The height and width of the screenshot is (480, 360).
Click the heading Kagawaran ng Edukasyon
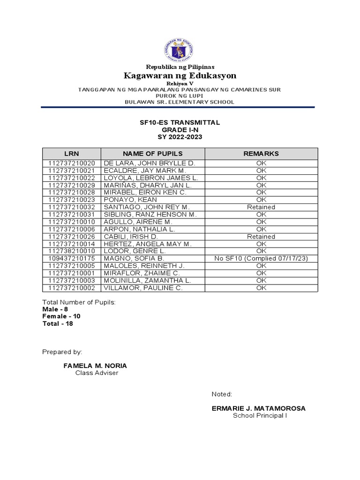pos(180,75)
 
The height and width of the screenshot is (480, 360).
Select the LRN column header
pos(72,154)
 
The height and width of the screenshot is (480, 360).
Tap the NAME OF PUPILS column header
pos(153,154)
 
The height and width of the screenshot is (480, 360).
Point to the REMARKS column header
pos(261,154)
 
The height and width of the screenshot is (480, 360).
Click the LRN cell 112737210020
pos(72,163)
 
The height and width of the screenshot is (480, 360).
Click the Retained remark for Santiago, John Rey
pos(261,207)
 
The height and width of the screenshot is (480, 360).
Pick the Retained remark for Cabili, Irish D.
pos(261,237)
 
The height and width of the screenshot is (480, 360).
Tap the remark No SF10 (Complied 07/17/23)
pos(261,259)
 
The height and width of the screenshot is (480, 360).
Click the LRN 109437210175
pos(72,259)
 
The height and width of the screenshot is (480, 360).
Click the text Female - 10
pos(61,316)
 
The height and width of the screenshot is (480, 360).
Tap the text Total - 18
pos(58,323)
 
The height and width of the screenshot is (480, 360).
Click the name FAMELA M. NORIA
pos(95,365)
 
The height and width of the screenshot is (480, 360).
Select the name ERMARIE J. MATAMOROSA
pos(258,408)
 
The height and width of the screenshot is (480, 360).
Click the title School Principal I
pos(260,416)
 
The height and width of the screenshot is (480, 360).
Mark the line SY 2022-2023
pos(180,136)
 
